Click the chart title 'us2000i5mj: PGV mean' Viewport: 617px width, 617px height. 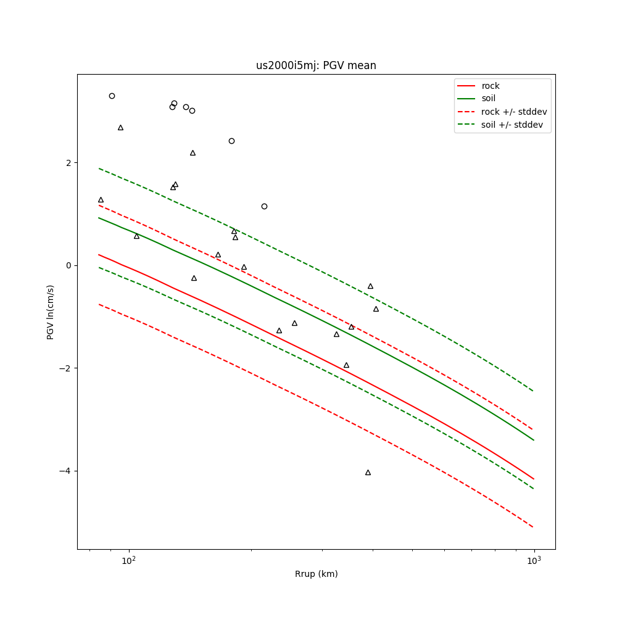[316, 65]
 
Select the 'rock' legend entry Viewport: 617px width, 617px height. [491, 86]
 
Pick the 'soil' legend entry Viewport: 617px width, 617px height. [488, 98]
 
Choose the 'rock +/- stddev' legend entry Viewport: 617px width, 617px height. [514, 112]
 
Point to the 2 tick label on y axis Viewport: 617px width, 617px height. [68, 162]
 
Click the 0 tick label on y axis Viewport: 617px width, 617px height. [68, 265]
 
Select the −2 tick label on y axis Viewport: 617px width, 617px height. [66, 368]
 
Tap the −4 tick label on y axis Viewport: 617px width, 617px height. [66, 471]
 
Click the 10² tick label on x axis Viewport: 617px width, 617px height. [128, 561]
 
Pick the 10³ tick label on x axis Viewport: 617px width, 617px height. [534, 561]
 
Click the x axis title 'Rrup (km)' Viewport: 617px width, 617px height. [316, 574]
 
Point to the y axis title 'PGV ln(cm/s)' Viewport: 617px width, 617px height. [51, 312]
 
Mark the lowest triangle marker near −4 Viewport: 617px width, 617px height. [368, 473]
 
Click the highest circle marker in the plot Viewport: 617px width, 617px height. [112, 96]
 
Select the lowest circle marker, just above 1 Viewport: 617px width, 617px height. [264, 206]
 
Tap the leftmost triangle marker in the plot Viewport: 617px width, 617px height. [101, 200]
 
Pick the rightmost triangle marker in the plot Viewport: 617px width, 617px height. [376, 309]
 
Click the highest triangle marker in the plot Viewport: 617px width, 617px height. [120, 128]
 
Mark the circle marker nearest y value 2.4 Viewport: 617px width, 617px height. [231, 141]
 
